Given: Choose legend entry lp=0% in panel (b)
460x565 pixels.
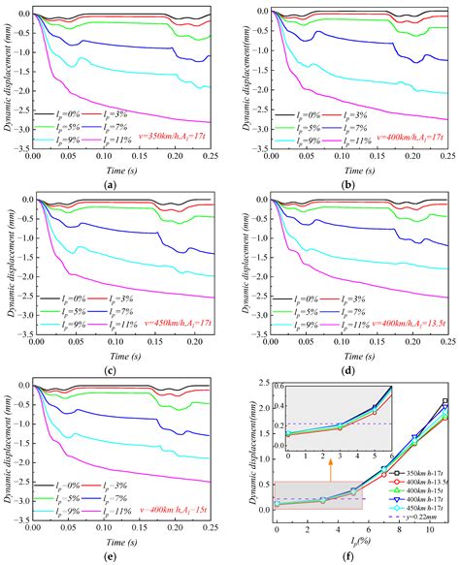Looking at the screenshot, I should click(x=291, y=114).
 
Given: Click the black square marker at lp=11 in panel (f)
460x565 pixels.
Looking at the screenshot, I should click(x=445, y=401).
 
